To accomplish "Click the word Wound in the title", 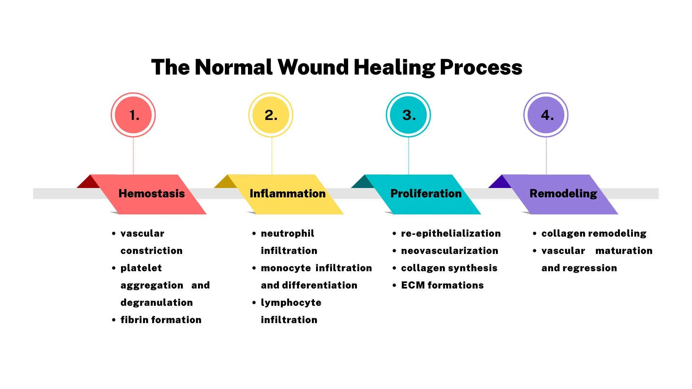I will pyautogui.click(x=313, y=67).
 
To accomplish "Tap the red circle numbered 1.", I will pyautogui.click(x=133, y=115).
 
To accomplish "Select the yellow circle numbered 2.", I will pyautogui.click(x=271, y=115).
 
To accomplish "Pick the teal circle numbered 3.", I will pyautogui.click(x=408, y=115).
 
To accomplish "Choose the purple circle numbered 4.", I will pyautogui.click(x=546, y=115).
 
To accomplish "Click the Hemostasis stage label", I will pyautogui.click(x=151, y=193).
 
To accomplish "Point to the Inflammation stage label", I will pyautogui.click(x=288, y=193).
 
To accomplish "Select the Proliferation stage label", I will pyautogui.click(x=426, y=193).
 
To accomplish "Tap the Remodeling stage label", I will pyautogui.click(x=563, y=193).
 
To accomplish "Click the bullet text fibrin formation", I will pyautogui.click(x=161, y=320).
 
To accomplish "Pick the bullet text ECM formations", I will pyautogui.click(x=442, y=285).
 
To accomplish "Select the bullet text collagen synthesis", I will pyautogui.click(x=449, y=268).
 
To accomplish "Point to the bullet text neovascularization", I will pyautogui.click(x=449, y=251).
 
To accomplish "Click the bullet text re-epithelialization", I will pyautogui.click(x=451, y=233).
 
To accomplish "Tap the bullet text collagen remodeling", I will pyautogui.click(x=594, y=233).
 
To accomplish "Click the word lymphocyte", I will pyautogui.click(x=291, y=303).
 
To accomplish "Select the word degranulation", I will pyautogui.click(x=156, y=303).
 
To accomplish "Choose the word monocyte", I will pyautogui.click(x=286, y=268).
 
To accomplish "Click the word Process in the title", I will pyautogui.click(x=481, y=67).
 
